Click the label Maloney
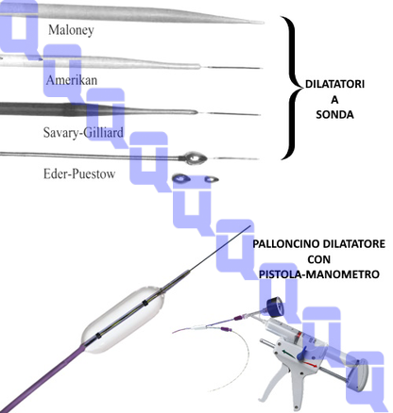point(71,30)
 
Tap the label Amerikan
point(72,80)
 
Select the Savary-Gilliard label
point(83,133)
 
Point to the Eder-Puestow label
point(79,173)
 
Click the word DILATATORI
point(334,84)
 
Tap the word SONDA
point(334,115)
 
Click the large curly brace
point(292,88)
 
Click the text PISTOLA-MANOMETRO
point(319,274)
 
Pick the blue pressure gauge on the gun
point(275,307)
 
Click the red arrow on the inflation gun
point(311,364)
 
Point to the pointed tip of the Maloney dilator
point(264,23)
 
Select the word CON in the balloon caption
point(319,259)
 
